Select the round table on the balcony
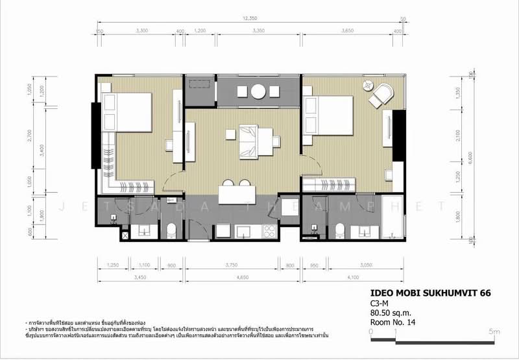258,91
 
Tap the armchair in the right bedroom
381,95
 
